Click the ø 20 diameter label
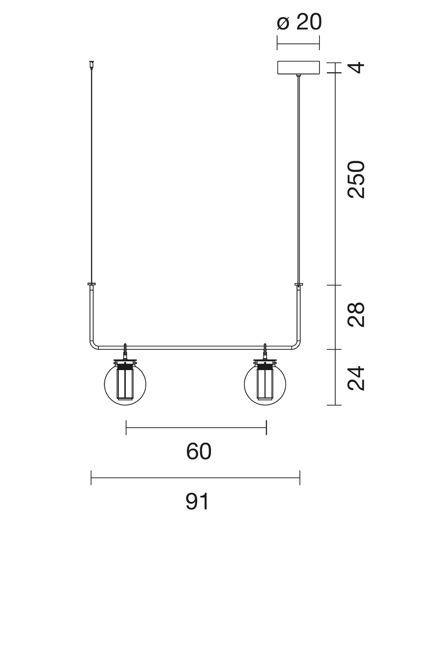(299, 22)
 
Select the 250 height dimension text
(357, 180)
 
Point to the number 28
(357, 314)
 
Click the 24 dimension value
(357, 379)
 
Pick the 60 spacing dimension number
(199, 452)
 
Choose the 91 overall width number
(197, 501)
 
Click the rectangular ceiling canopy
(298, 68)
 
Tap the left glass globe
(125, 384)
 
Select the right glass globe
(265, 384)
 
